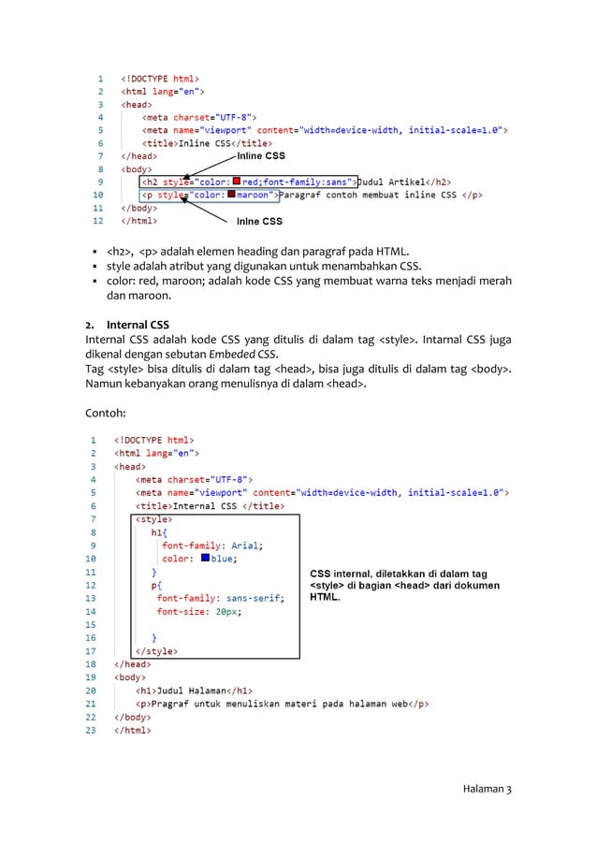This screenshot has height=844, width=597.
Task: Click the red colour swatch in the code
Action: coord(237,181)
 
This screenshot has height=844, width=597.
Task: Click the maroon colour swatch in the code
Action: coord(231,195)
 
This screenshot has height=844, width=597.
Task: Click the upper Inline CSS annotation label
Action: coord(260,156)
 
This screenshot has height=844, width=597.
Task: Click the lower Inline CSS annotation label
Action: coord(259,222)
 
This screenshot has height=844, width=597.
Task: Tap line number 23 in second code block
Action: coord(92,731)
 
